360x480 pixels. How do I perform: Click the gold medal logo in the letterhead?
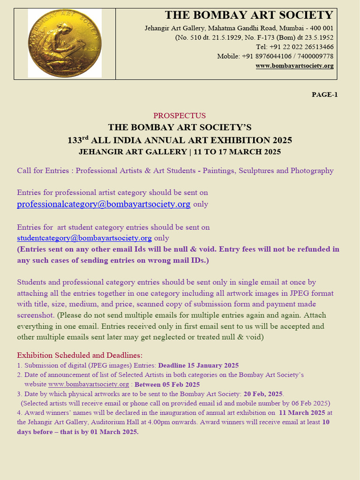point(65,43)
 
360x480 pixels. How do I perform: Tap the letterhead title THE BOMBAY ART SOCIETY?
point(249,15)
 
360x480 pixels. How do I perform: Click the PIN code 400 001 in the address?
point(321,28)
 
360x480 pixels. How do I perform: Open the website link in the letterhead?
point(294,66)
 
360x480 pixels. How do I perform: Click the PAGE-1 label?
point(324,95)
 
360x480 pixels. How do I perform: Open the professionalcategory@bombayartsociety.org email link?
point(104,204)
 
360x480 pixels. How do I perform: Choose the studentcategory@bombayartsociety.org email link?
point(84,238)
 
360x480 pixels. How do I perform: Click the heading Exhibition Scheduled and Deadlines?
point(80,355)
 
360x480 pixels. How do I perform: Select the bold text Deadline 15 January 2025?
point(198,366)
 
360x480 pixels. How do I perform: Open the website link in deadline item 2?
point(89,384)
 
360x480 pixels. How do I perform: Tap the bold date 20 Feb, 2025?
point(263,394)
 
